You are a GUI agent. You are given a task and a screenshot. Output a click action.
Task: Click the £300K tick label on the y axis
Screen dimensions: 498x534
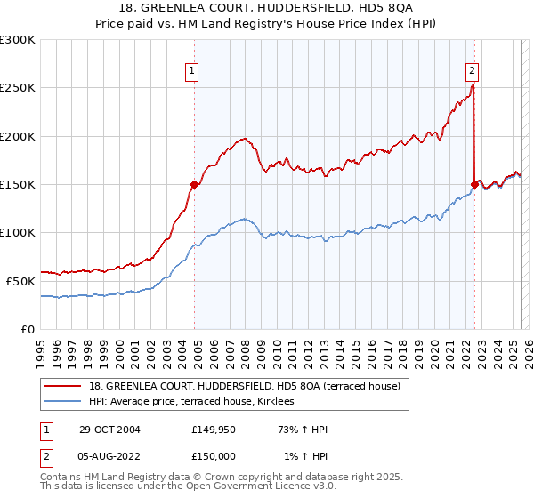(x=18, y=40)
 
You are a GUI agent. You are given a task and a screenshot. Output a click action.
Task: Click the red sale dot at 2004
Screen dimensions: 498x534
(x=193, y=185)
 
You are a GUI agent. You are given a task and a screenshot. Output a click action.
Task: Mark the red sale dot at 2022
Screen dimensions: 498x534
(x=474, y=184)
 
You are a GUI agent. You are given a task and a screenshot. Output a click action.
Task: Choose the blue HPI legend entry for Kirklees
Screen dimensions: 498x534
(x=197, y=402)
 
